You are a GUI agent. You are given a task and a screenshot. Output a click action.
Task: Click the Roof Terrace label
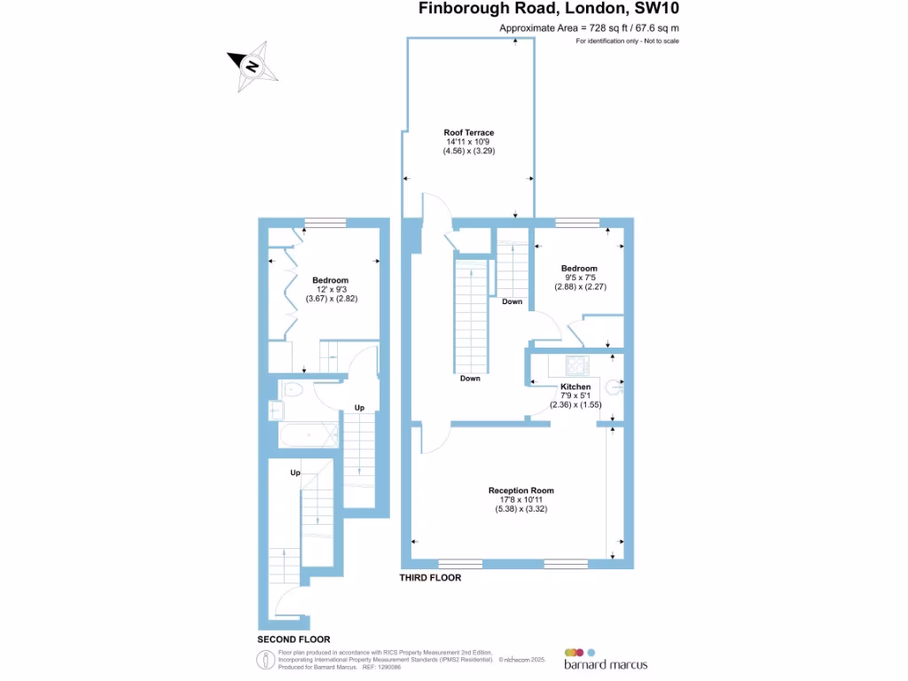469,132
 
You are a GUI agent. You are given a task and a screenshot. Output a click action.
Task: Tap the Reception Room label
521,490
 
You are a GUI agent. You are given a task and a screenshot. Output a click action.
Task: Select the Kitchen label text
575,387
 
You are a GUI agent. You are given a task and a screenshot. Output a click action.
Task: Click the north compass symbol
253,67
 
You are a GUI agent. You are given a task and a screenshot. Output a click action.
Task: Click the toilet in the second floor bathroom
293,388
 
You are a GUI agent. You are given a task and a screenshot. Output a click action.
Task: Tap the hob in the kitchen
578,364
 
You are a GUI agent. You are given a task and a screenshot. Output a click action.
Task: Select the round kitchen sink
612,387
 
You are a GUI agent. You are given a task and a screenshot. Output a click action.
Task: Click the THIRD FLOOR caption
430,577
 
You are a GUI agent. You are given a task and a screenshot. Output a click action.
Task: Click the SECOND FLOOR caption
294,639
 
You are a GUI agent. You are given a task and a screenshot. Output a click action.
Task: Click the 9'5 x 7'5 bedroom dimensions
580,278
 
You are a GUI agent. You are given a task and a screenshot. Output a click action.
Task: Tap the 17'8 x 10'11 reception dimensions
521,499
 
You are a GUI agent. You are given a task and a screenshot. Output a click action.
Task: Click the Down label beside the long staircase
470,378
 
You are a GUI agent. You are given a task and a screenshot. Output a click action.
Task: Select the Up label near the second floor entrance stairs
294,473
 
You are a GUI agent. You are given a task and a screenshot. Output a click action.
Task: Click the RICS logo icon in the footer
262,660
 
